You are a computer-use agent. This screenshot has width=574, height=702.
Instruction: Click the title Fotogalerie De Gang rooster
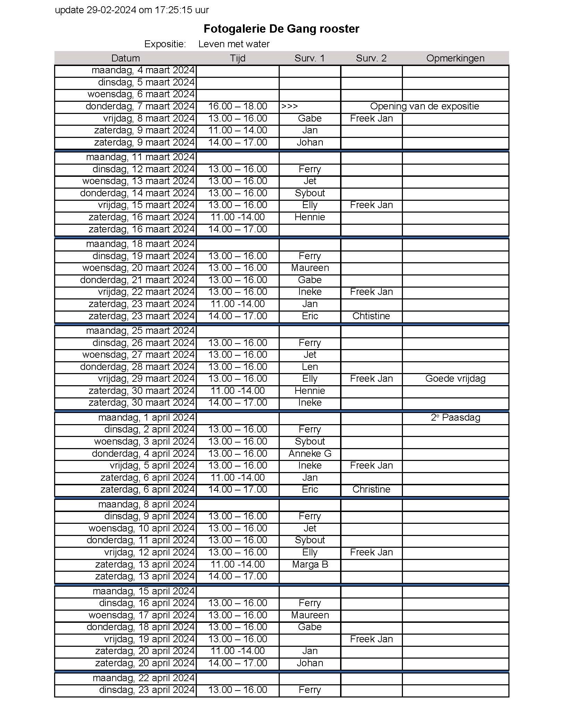pos(281,28)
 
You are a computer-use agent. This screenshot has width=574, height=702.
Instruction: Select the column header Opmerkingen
pos(455,58)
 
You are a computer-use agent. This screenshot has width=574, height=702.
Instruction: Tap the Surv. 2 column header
pos(371,58)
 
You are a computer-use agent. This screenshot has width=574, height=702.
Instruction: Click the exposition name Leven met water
pos(234,44)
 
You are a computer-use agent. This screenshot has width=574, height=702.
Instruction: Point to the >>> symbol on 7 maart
pos(289,106)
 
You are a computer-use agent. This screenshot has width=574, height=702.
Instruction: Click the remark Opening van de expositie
pos(424,106)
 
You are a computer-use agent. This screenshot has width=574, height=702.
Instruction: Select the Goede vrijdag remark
pos(455,379)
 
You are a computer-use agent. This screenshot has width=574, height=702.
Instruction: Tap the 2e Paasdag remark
pos(455,417)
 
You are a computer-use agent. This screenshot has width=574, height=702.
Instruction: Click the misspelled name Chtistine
pos(371,316)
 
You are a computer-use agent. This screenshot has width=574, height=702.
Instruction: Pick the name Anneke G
pos(310,453)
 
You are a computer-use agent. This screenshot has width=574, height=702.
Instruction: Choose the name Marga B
pos(310,564)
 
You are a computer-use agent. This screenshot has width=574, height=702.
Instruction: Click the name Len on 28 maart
pos(310,366)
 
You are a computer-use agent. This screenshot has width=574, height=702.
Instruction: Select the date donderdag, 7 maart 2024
pos(140,106)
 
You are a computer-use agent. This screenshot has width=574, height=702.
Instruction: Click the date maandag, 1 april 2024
pos(146,417)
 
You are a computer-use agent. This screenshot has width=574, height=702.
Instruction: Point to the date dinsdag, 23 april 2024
pos(147,689)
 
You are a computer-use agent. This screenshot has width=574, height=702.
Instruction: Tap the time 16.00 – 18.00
pos(238,106)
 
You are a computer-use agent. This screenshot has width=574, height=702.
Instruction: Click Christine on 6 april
pos(371,489)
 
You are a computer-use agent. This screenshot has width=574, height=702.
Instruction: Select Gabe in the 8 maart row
pos(310,118)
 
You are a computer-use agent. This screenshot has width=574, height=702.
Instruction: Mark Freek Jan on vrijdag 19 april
pos(371,639)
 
